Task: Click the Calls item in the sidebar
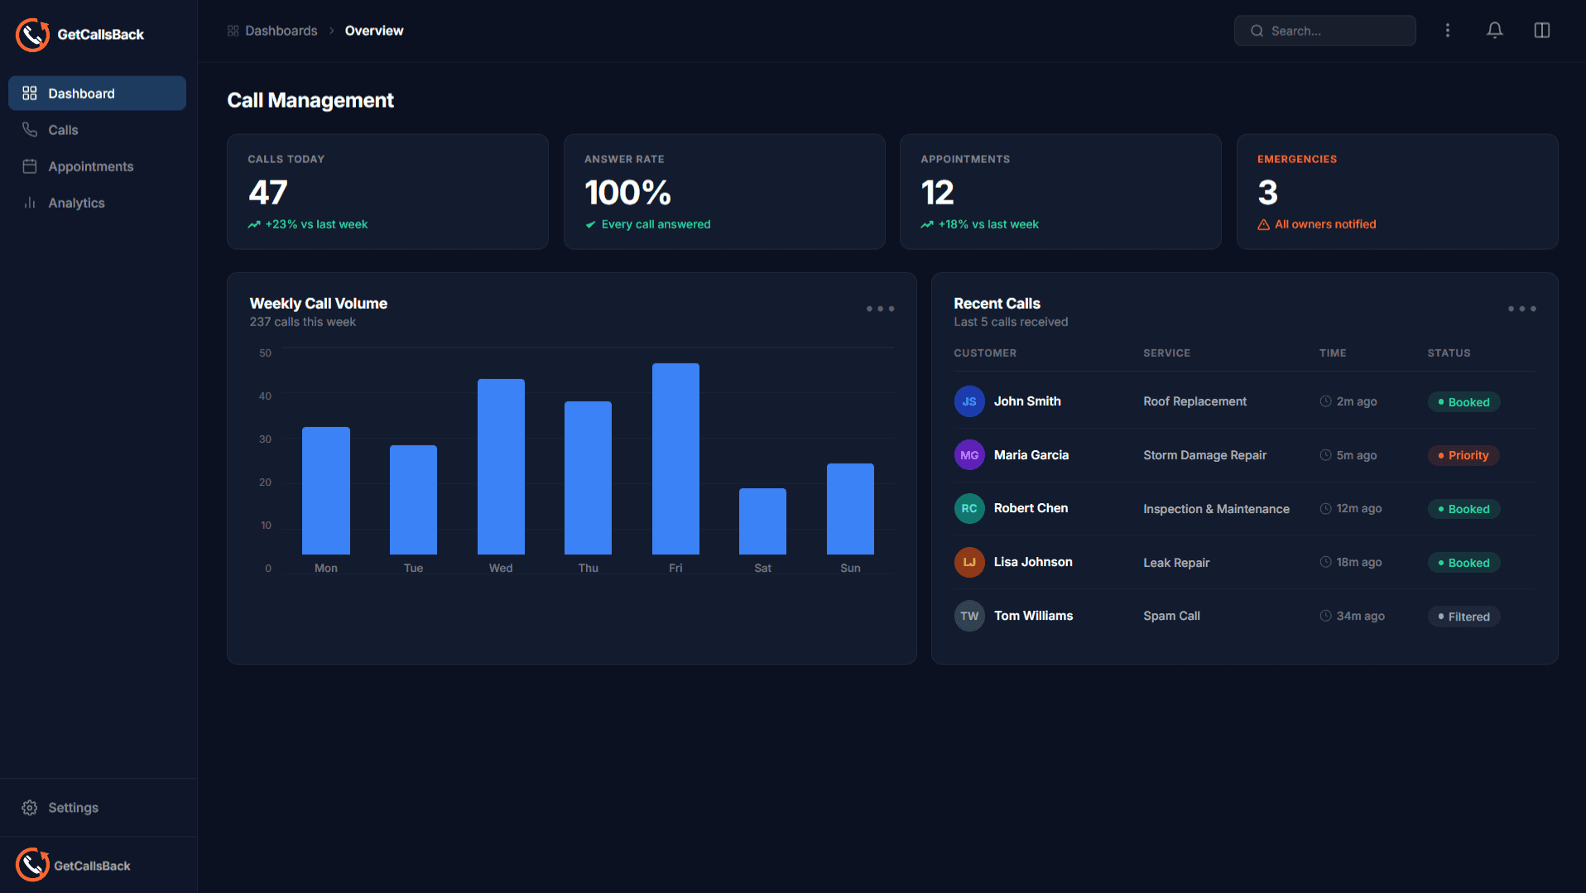63,130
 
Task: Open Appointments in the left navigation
90,166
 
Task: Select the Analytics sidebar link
76,203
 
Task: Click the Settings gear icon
30,808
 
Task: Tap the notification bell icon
1494,31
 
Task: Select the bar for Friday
675,459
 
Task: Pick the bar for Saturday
762,521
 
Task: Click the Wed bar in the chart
501,467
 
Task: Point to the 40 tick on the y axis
265,396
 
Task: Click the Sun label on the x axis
850,569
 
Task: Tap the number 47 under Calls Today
268,193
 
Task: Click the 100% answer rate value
627,193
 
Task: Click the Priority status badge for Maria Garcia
1463,455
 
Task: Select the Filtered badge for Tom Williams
1463,617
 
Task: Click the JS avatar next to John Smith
969,401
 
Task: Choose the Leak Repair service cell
1176,563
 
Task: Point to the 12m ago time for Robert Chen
1358,509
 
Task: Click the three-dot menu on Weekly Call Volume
880,309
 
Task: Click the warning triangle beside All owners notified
1263,225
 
